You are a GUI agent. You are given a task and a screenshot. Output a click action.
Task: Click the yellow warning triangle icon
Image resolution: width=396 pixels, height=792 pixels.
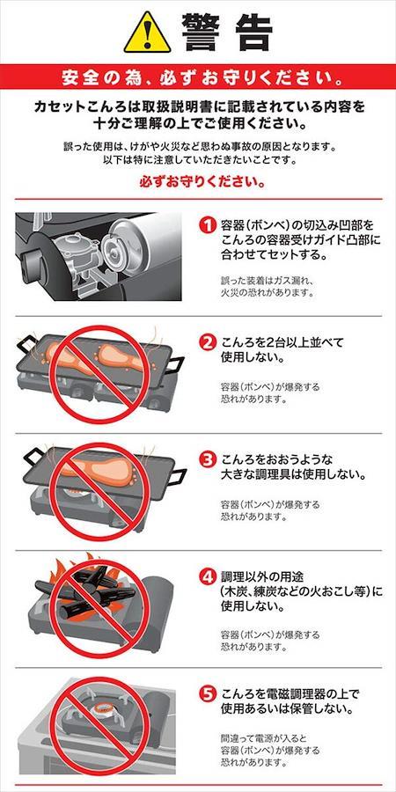[148, 33]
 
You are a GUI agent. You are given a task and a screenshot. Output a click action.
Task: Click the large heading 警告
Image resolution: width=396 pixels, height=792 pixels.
[227, 33]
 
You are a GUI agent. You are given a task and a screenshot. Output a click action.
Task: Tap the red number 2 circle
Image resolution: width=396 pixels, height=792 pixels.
[207, 343]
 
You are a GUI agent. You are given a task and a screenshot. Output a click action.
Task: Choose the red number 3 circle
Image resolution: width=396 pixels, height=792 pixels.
[207, 460]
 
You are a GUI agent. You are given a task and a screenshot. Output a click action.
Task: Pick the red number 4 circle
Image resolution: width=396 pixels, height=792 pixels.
[207, 577]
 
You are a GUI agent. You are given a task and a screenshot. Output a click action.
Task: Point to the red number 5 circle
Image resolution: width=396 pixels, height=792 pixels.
[207, 694]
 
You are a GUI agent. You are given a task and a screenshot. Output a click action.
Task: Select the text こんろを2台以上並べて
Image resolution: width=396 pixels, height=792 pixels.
[282, 343]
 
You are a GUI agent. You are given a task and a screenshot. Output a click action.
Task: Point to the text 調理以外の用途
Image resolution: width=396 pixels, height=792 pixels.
[268, 576]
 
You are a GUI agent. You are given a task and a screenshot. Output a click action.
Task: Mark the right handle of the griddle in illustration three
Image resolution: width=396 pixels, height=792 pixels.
[177, 476]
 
